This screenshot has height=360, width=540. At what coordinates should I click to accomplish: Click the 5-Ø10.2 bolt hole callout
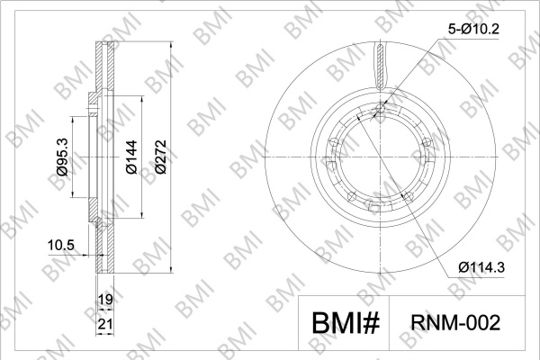[x=473, y=30]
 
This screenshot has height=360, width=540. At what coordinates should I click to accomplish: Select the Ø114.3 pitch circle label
[x=481, y=266]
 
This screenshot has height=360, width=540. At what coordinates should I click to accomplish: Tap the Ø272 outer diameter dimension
[x=160, y=157]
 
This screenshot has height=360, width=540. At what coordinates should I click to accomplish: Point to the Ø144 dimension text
[x=131, y=157]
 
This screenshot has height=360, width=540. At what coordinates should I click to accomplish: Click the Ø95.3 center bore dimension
[x=63, y=157]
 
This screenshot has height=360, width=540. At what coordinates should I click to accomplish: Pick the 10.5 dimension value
[x=61, y=246]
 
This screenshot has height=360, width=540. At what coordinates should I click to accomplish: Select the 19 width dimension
[x=105, y=300]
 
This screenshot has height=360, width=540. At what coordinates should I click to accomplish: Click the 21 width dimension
[x=105, y=324]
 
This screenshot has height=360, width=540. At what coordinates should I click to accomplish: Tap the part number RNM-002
[x=455, y=323]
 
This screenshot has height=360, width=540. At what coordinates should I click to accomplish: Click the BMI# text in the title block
[x=346, y=323]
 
